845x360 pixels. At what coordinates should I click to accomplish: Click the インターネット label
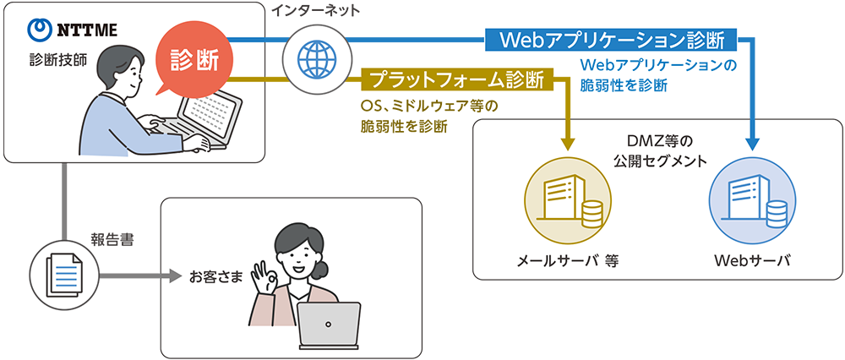click(x=315, y=11)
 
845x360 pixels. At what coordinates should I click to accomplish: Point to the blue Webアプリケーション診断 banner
click(x=611, y=40)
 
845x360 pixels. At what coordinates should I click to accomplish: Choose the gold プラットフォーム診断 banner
click(x=458, y=79)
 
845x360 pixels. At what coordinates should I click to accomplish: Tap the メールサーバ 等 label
click(x=567, y=262)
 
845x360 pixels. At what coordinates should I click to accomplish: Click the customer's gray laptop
click(x=328, y=326)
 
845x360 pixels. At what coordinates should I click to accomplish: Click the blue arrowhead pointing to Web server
click(x=753, y=143)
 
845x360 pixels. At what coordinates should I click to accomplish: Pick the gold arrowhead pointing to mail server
click(x=568, y=143)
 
